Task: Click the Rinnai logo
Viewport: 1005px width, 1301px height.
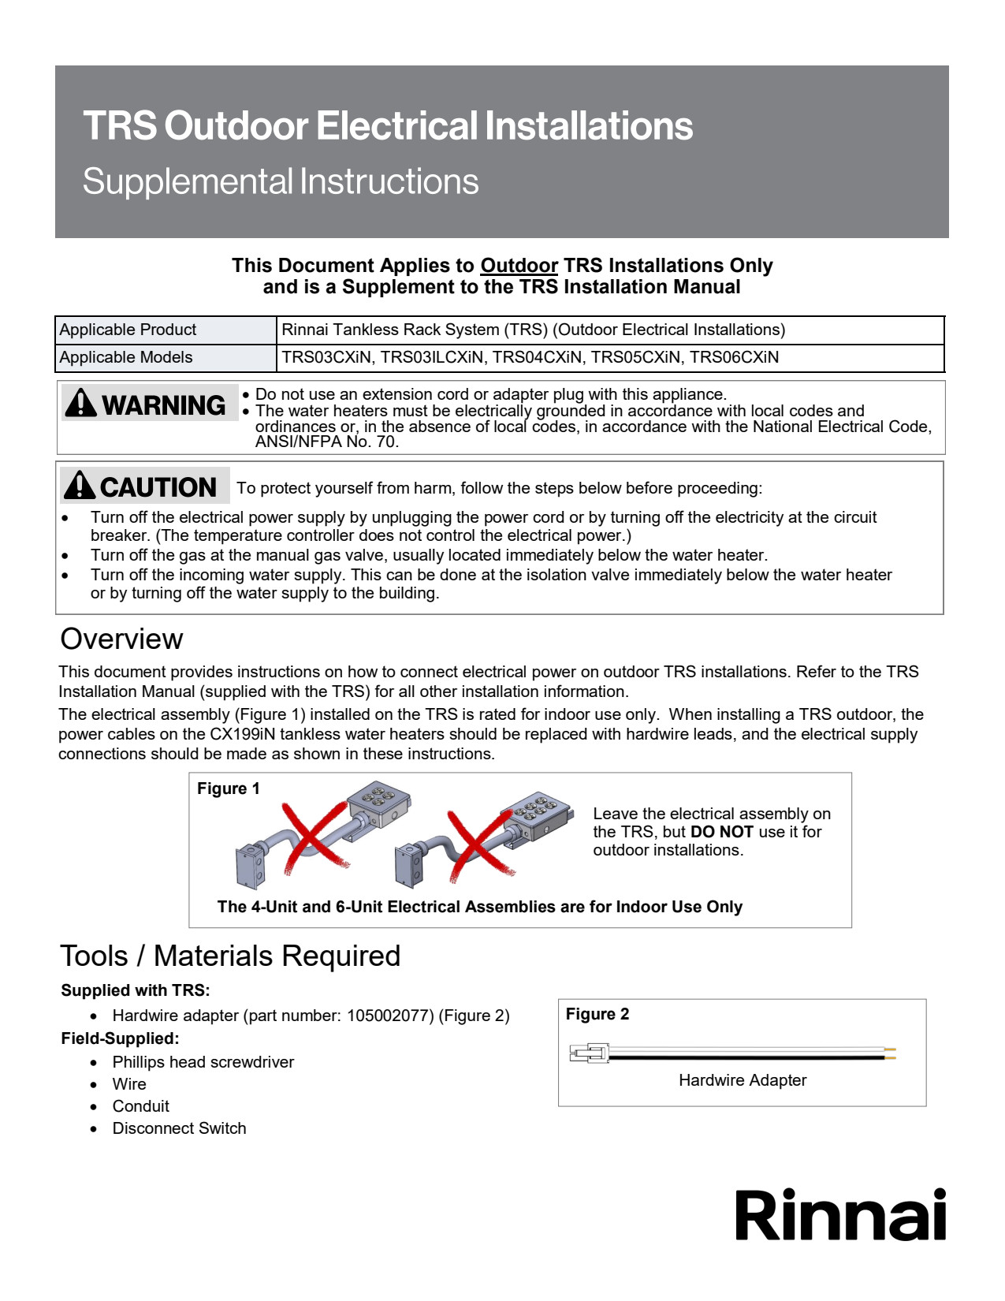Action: pyautogui.click(x=840, y=1215)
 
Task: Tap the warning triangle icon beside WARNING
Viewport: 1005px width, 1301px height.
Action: pyautogui.click(x=80, y=402)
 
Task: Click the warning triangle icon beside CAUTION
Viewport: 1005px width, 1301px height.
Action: pyautogui.click(x=80, y=486)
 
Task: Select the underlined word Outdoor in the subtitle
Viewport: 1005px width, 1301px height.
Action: pyautogui.click(x=519, y=266)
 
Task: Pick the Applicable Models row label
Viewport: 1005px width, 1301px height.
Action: pyautogui.click(x=126, y=357)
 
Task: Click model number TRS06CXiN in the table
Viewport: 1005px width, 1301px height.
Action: pyautogui.click(x=734, y=357)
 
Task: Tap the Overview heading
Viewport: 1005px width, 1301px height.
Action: pyautogui.click(x=121, y=639)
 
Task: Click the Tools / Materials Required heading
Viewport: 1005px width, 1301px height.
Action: pyautogui.click(x=230, y=956)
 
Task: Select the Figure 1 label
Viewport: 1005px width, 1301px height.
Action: pyautogui.click(x=228, y=788)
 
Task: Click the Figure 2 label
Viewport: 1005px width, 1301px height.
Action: pyautogui.click(x=597, y=1014)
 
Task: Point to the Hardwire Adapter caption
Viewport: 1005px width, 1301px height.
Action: pyautogui.click(x=743, y=1080)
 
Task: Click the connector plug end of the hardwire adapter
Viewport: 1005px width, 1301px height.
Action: pyautogui.click(x=589, y=1053)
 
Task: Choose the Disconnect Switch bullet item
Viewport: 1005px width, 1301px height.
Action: pyautogui.click(x=179, y=1128)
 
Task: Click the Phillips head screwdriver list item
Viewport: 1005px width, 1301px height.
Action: pyautogui.click(x=203, y=1062)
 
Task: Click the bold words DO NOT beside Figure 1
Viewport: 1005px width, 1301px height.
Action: pyautogui.click(x=721, y=832)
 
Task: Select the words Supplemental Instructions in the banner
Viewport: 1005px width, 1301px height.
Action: pyautogui.click(x=281, y=181)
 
